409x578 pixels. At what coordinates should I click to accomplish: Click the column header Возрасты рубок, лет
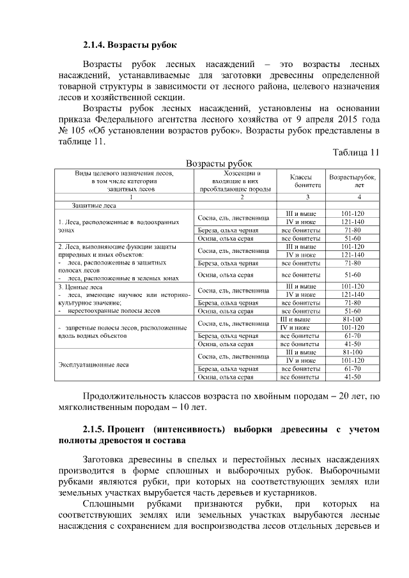coord(353,180)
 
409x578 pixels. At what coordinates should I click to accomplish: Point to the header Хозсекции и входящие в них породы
coord(233,181)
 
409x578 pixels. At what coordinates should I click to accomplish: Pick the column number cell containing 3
coord(299,196)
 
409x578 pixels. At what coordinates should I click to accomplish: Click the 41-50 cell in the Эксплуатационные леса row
coord(353,377)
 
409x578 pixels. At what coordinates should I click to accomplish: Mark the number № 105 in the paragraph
coord(73,131)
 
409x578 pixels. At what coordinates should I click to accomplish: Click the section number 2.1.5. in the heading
coord(100,429)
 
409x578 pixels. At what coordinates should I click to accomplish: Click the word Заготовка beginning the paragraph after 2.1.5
coord(109,459)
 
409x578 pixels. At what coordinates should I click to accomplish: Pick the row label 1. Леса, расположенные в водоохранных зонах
coord(119,226)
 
